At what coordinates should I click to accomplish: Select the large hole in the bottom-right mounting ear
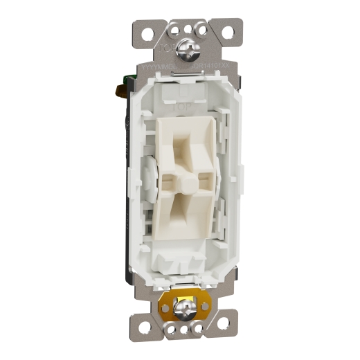(223, 323)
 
